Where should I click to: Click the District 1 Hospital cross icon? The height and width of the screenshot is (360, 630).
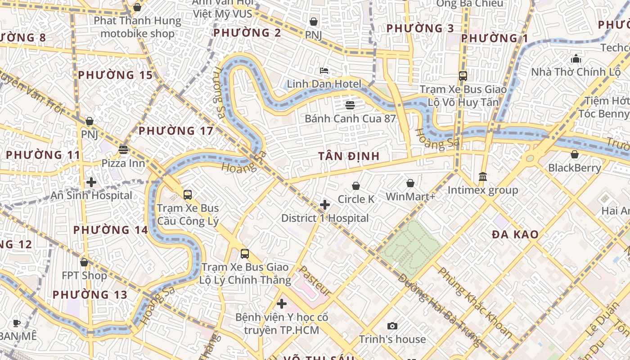tap(324, 205)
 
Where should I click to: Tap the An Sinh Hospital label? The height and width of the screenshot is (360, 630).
tap(91, 195)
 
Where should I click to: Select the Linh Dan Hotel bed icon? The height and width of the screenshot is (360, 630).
tap(324, 71)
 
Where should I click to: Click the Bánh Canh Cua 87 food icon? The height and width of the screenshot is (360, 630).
tap(350, 105)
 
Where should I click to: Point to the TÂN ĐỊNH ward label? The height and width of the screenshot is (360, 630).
tap(349, 156)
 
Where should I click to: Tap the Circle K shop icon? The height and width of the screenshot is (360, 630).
tap(356, 186)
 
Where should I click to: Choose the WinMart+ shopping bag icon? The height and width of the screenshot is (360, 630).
tap(410, 183)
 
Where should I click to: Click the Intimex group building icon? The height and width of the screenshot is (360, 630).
tap(483, 176)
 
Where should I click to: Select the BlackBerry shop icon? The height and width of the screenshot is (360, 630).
tap(575, 155)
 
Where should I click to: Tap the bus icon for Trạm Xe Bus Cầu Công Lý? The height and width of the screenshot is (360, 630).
tap(188, 195)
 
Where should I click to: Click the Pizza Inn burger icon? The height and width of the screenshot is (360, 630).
tap(123, 150)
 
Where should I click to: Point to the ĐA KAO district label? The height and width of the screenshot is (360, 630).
tap(515, 234)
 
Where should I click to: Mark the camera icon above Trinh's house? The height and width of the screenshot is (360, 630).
tap(392, 326)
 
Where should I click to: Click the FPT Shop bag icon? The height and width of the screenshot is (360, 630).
tap(84, 262)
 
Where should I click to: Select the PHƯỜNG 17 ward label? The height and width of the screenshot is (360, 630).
tap(176, 131)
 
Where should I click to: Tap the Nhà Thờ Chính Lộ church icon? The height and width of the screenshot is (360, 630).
tap(576, 59)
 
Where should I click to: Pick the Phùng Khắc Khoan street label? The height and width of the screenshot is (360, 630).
tap(475, 302)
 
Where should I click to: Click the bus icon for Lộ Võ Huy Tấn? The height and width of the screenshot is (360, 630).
tap(463, 76)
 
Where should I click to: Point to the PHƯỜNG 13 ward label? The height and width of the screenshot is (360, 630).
tap(90, 295)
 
